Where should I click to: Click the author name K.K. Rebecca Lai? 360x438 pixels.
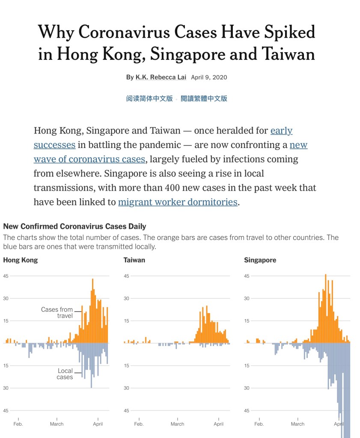coord(161,77)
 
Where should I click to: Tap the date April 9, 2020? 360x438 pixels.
coord(209,77)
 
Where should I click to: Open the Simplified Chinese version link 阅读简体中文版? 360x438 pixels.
coord(149,98)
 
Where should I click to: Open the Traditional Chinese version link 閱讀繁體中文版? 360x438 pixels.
coord(204,98)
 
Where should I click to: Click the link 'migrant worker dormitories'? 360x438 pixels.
coord(178,202)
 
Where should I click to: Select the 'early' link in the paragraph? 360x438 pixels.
coord(281,130)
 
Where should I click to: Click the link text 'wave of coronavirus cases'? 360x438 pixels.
coord(89,159)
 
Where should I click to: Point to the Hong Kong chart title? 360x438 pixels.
coord(20,260)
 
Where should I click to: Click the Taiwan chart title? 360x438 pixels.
coord(134,260)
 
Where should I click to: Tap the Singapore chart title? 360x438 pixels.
coord(260,260)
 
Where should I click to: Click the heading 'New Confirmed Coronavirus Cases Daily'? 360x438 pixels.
coord(74,226)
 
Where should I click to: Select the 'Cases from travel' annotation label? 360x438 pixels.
coord(57,313)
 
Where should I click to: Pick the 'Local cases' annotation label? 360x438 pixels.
coord(65,374)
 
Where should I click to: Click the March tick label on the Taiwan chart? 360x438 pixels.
coord(177,424)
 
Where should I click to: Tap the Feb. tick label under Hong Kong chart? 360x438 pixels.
coord(18,424)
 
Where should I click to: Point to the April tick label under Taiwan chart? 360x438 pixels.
coord(218,424)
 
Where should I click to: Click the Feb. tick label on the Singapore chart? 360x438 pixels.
coord(259,424)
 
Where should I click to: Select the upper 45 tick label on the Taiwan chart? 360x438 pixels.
coord(126,276)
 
